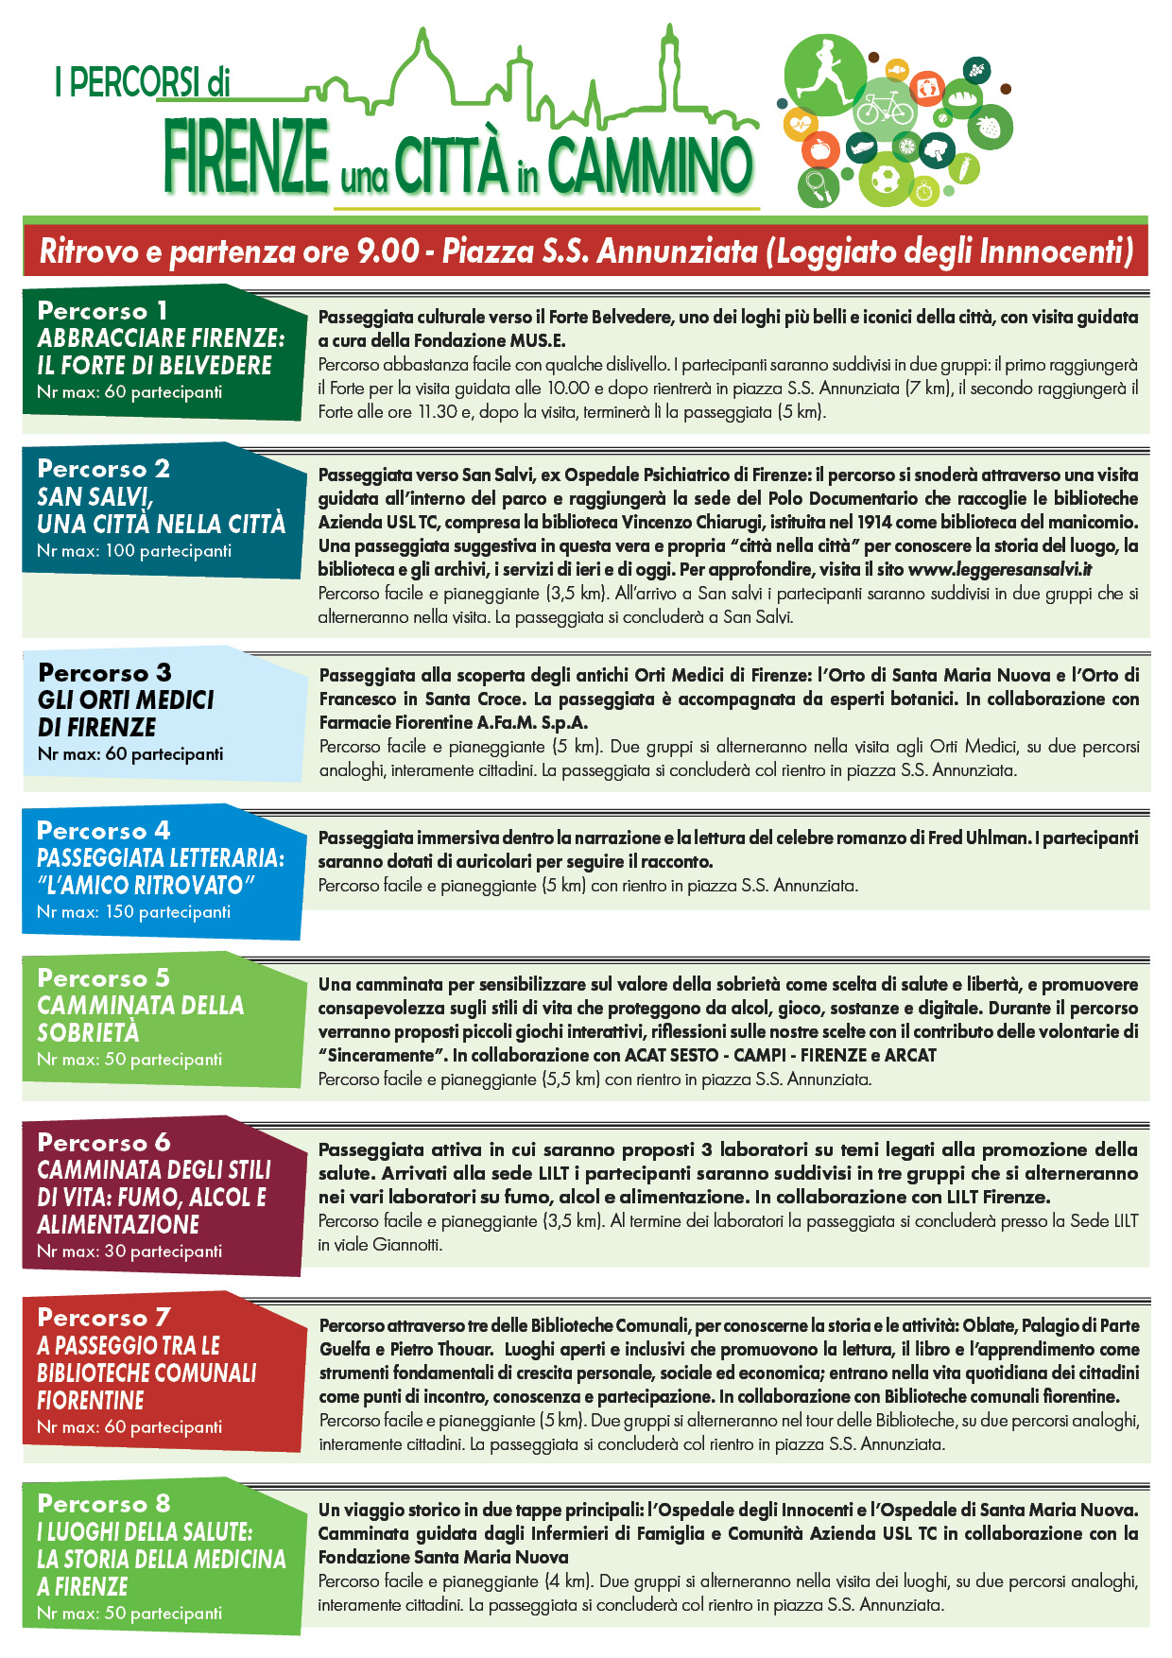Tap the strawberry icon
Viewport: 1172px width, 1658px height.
989,126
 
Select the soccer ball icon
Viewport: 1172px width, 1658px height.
886,179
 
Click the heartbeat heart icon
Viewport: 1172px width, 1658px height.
801,123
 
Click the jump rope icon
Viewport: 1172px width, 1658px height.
816,185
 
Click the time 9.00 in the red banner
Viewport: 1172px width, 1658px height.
388,251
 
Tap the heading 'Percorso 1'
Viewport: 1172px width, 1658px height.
103,310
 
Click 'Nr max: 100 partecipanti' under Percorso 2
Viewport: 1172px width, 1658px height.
134,550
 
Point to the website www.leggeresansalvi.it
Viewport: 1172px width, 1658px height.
1000,569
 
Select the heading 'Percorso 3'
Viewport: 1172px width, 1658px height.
105,672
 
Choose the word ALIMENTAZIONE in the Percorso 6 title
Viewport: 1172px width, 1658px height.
118,1224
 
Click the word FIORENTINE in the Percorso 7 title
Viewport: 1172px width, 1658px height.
91,1400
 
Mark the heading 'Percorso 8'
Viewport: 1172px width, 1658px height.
104,1503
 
